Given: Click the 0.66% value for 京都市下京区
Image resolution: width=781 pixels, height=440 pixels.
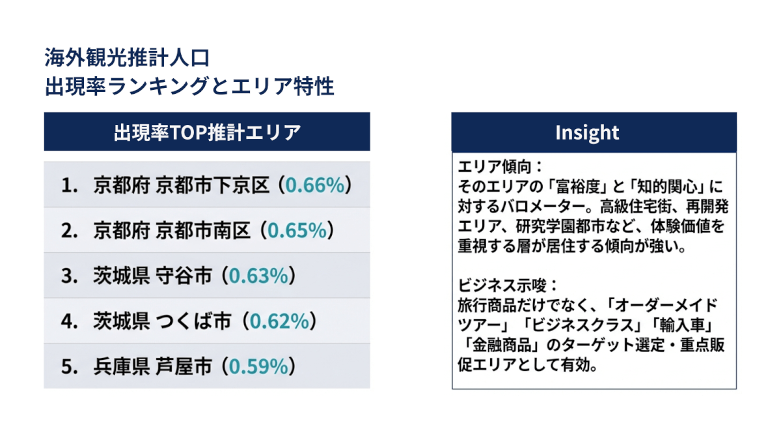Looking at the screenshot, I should click(x=314, y=185).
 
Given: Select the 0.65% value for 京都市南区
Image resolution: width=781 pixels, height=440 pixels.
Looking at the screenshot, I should click(x=297, y=230).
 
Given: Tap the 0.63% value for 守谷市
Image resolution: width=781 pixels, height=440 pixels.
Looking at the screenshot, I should click(x=258, y=276).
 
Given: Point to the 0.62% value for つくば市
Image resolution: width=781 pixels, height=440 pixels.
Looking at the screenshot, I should click(x=279, y=321).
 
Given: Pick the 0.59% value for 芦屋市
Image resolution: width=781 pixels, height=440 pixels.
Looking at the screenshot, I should click(x=258, y=367).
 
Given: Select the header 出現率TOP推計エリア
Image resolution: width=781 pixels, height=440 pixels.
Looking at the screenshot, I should click(x=207, y=132).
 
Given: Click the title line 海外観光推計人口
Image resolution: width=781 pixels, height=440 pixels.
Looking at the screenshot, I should click(x=127, y=58).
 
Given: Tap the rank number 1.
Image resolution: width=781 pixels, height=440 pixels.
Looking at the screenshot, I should click(x=68, y=185).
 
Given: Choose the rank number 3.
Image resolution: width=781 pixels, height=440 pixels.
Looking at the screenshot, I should click(x=68, y=276).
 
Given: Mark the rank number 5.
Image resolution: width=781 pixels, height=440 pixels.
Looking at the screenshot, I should click(x=68, y=367).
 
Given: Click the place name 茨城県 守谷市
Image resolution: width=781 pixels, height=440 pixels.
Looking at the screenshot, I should click(x=152, y=276).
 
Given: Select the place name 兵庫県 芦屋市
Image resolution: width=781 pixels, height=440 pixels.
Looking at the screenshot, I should click(x=152, y=367).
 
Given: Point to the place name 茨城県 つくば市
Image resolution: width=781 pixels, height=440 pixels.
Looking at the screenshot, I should click(x=163, y=321).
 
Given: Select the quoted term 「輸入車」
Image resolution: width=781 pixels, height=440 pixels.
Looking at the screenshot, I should click(x=684, y=325).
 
